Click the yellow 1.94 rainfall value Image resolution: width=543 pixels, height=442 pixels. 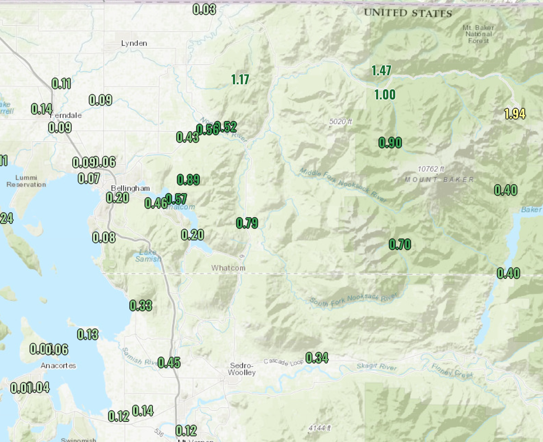coord(515,114)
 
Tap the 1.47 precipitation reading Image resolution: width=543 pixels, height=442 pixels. coord(381,71)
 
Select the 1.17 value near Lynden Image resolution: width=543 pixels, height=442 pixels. coord(240,80)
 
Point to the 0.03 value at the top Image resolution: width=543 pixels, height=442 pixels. coord(204,9)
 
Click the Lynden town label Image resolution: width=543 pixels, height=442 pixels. coord(134,43)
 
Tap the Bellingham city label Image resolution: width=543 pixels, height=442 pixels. coord(130,188)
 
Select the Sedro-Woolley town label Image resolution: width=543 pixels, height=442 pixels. coord(242,369)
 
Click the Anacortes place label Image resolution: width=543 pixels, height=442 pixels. coord(58,366)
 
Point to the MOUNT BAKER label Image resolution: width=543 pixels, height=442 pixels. coord(439,179)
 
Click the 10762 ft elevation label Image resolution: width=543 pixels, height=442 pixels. coord(431,169)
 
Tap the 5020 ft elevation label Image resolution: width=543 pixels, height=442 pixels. coord(340,122)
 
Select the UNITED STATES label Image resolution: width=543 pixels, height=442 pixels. coord(408,13)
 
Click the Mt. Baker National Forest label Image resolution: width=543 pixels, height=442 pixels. coord(478,34)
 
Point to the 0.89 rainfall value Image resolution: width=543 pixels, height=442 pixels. coord(188,180)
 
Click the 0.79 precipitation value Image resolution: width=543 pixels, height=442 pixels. coord(247,223)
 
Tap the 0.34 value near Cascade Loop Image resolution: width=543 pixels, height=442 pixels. coord(317,358)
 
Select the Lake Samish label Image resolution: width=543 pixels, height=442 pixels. coord(148,256)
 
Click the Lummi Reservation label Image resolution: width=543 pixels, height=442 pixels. coord(26,181)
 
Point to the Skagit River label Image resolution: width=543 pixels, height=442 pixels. coord(376,366)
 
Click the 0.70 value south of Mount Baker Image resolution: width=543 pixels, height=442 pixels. coord(400,245)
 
